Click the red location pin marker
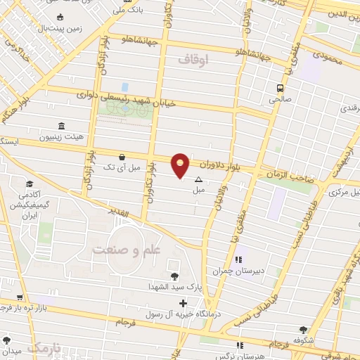pyautogui.click(x=181, y=165)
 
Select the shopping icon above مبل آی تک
pyautogui.click(x=123, y=157)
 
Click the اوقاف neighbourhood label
pyautogui.click(x=195, y=60)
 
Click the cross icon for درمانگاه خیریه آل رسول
pyautogui.click(x=184, y=303)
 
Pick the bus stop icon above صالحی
pyautogui.click(x=281, y=89)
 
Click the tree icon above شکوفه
pyautogui.click(x=304, y=328)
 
